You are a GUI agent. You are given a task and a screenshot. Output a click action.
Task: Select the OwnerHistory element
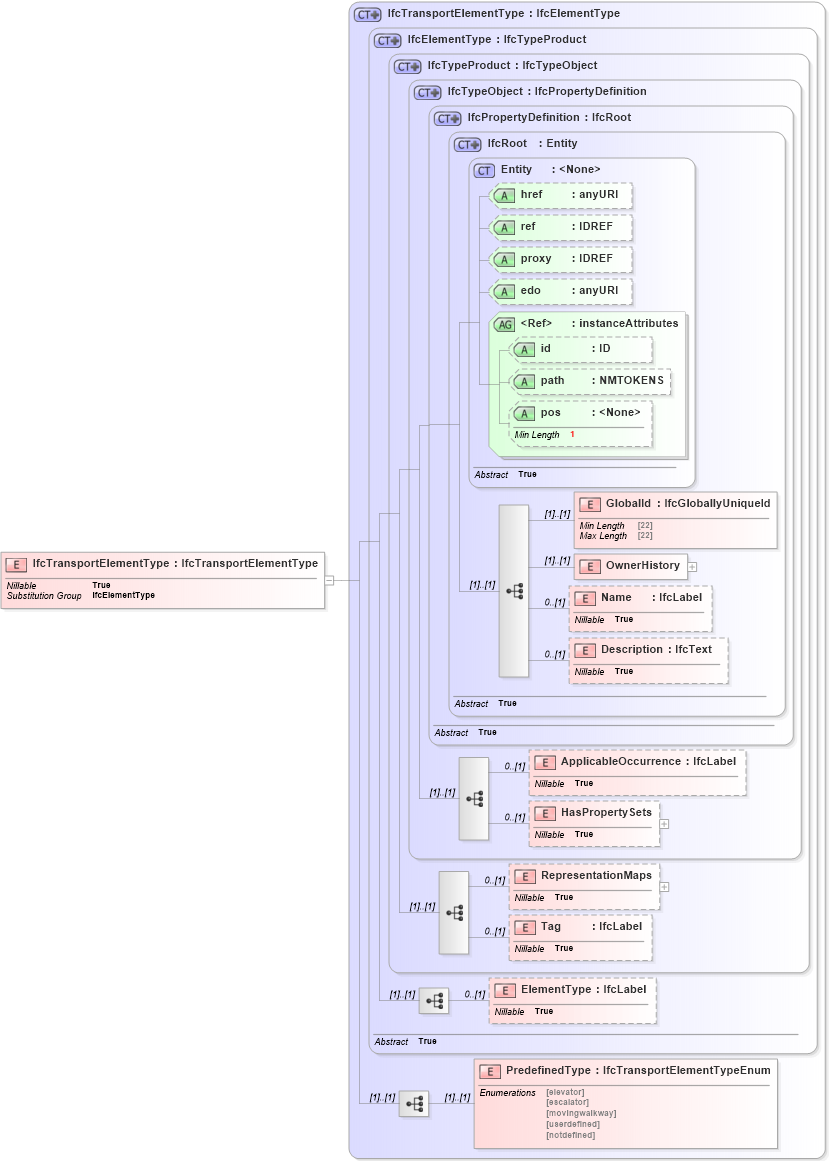[x=631, y=566]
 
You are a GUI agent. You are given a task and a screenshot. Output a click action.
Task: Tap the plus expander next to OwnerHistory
[x=692, y=566]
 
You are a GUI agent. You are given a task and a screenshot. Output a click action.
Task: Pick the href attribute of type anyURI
[x=560, y=195]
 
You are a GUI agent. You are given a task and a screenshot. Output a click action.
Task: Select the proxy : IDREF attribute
[x=560, y=259]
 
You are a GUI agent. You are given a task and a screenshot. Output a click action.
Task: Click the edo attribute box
[x=560, y=291]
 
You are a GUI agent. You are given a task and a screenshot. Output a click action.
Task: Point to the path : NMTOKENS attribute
[x=589, y=381]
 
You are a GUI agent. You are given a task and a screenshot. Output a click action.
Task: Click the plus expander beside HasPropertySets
[x=664, y=824]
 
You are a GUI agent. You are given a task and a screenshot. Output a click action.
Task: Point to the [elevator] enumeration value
[x=565, y=1092]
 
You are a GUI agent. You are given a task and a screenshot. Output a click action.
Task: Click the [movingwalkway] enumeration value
[x=581, y=1113]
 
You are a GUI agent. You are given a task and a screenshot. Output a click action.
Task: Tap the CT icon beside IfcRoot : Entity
[x=467, y=144]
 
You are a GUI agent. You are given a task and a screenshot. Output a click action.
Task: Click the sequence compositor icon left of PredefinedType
[x=414, y=1104]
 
